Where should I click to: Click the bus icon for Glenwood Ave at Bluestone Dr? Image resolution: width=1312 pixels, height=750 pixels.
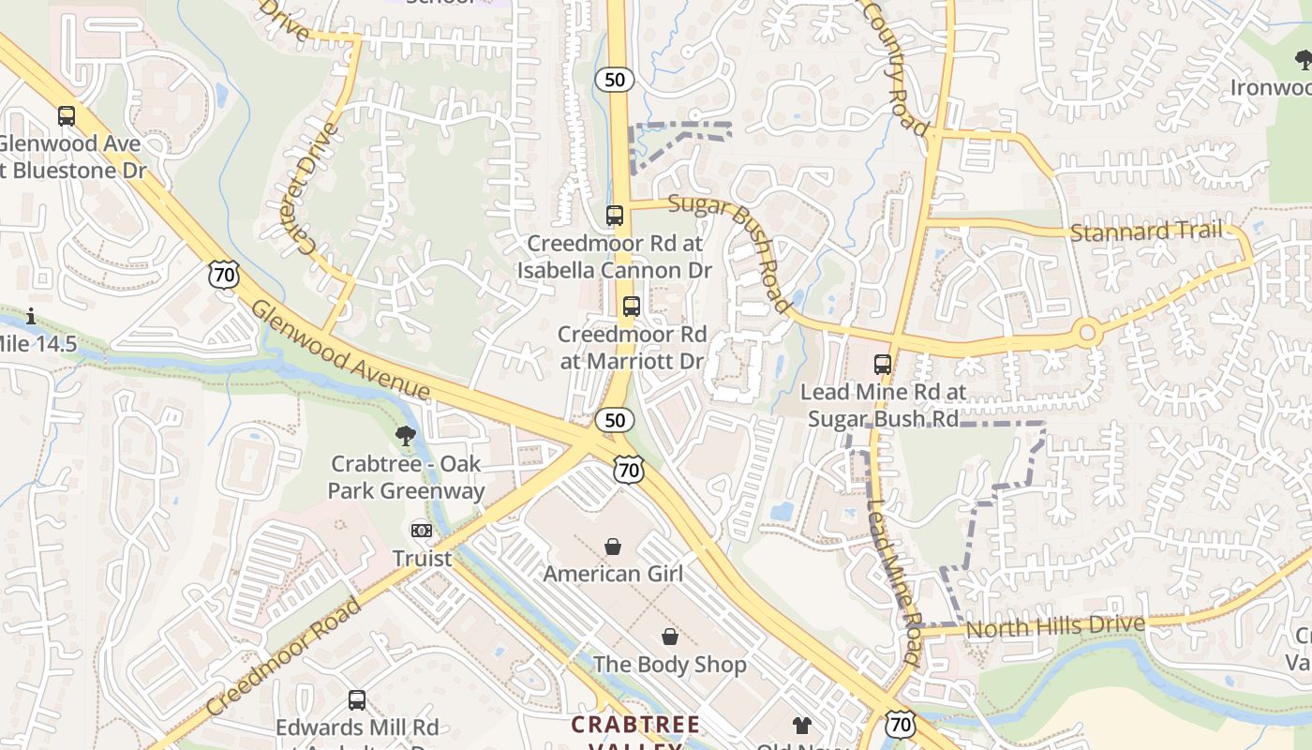click(x=66, y=116)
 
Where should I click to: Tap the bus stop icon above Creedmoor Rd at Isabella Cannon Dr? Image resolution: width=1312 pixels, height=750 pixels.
click(x=615, y=215)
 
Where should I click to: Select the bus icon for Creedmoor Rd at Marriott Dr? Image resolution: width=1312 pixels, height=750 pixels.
click(x=632, y=306)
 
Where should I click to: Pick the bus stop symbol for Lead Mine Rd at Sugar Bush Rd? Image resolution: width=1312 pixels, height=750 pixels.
click(x=883, y=364)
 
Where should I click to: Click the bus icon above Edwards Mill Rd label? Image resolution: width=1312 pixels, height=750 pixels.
click(x=357, y=699)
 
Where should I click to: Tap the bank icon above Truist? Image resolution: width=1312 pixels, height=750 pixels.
click(x=422, y=531)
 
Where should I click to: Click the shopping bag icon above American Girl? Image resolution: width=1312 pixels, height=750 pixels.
click(x=613, y=546)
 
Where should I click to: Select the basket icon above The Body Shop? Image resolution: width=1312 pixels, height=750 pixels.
click(x=670, y=637)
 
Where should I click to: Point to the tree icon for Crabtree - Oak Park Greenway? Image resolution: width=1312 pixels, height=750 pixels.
click(x=406, y=435)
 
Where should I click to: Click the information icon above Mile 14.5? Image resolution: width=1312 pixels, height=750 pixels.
click(x=31, y=316)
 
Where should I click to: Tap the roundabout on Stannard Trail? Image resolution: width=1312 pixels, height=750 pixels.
click(x=1087, y=332)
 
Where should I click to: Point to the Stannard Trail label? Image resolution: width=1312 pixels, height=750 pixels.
click(x=1146, y=231)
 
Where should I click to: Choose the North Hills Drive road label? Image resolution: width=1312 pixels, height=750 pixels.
click(x=1055, y=626)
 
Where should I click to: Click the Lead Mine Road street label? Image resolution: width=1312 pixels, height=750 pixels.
click(x=892, y=581)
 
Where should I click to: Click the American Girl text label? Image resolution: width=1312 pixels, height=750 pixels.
click(x=613, y=573)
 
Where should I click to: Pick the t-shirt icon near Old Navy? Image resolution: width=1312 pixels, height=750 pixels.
click(x=802, y=725)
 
